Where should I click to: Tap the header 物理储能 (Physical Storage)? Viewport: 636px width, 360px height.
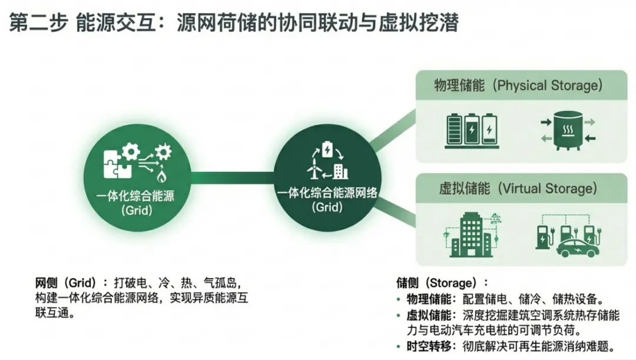pos(518,85)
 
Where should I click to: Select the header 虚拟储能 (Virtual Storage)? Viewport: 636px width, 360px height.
pos(518,189)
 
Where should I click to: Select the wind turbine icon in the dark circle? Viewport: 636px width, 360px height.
pos(310,167)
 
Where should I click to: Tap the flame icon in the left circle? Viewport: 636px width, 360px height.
pos(161,174)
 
